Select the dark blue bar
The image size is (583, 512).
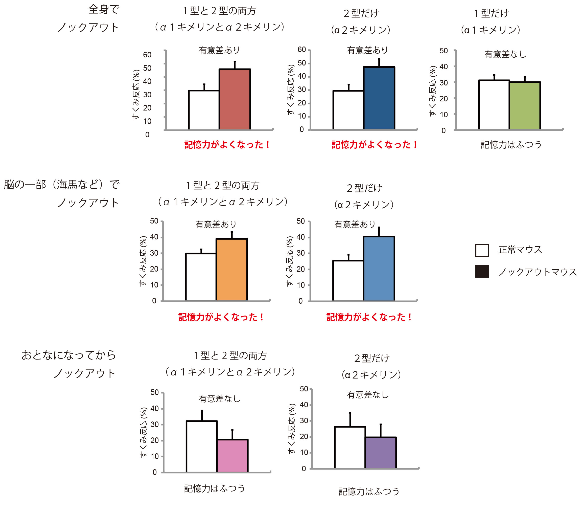379,98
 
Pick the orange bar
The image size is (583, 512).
231,270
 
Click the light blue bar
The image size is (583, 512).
379,269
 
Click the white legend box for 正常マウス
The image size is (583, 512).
482,250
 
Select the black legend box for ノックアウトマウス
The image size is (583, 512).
482,271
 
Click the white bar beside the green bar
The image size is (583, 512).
494,105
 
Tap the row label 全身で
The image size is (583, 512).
104,9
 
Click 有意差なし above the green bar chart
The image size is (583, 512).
505,54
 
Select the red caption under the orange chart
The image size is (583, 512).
221,317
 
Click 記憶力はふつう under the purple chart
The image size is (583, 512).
369,491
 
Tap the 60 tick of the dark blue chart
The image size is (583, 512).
301,50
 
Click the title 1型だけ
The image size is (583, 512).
491,13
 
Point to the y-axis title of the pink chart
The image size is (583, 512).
144,432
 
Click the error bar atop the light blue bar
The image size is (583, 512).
379,231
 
